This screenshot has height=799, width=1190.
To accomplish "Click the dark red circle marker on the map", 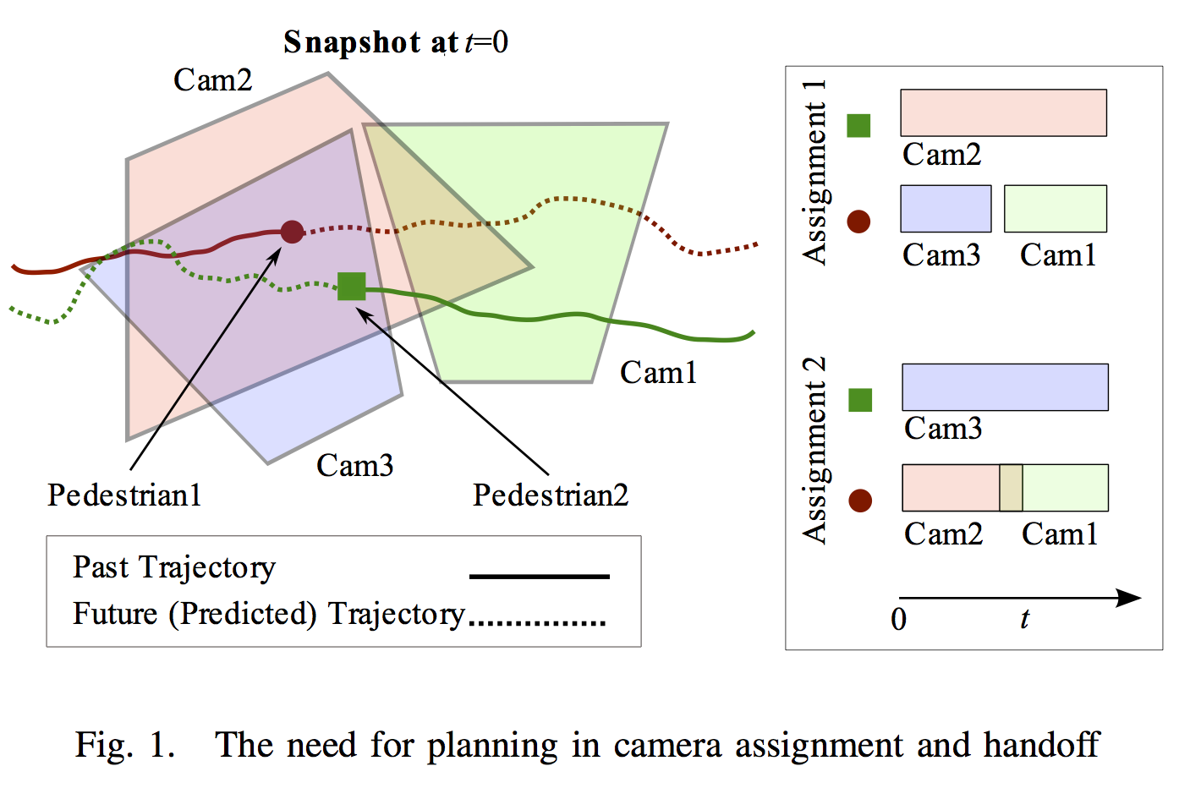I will [292, 232].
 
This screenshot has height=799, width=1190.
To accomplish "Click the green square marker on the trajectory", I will [351, 287].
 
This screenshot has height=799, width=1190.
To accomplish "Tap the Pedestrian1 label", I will [124, 495].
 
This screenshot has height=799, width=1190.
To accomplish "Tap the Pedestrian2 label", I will [551, 495].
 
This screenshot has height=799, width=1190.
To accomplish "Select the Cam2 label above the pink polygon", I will [212, 80].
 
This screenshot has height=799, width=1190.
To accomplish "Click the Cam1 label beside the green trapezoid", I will [658, 373].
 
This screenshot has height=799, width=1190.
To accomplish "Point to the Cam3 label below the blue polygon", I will [354, 465].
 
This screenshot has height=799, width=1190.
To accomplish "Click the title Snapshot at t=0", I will [395, 42].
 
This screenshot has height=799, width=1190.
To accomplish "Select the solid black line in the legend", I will [539, 577].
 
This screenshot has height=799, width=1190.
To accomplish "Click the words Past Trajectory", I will [174, 567].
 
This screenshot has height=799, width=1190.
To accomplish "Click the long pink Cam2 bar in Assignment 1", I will [1003, 113].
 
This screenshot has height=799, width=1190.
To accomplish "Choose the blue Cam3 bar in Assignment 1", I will [946, 209].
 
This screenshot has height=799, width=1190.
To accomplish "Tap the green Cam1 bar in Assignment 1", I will [1055, 209].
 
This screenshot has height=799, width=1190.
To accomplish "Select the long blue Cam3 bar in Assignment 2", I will [1005, 387].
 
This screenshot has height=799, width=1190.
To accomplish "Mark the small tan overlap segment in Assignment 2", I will [1011, 488].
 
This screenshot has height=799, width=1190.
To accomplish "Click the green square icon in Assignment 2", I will [860, 400].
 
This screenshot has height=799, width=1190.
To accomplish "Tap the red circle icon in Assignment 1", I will [858, 222].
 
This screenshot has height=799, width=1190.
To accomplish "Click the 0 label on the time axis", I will [898, 620].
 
